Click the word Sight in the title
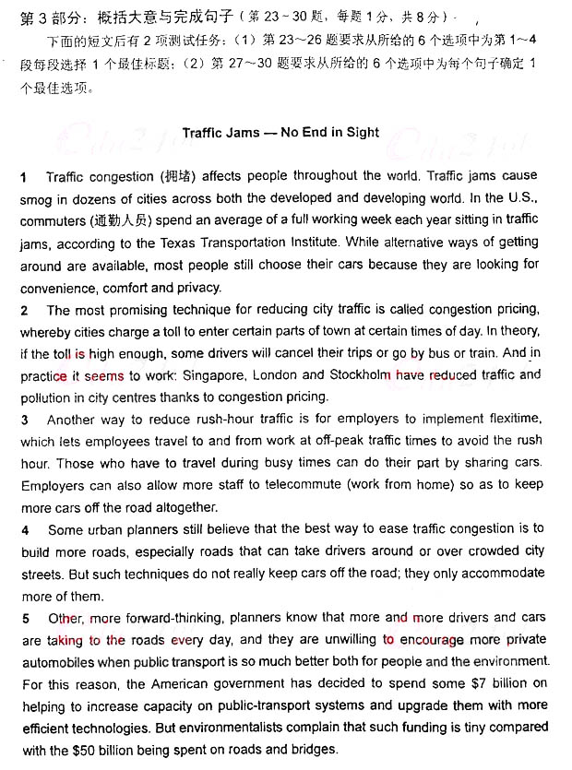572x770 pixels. click(362, 132)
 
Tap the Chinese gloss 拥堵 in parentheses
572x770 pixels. click(173, 175)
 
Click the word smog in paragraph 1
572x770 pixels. click(36, 198)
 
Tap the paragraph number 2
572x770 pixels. click(24, 310)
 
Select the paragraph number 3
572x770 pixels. click(24, 420)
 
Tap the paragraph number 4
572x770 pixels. click(24, 529)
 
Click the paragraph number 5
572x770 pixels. click(24, 618)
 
